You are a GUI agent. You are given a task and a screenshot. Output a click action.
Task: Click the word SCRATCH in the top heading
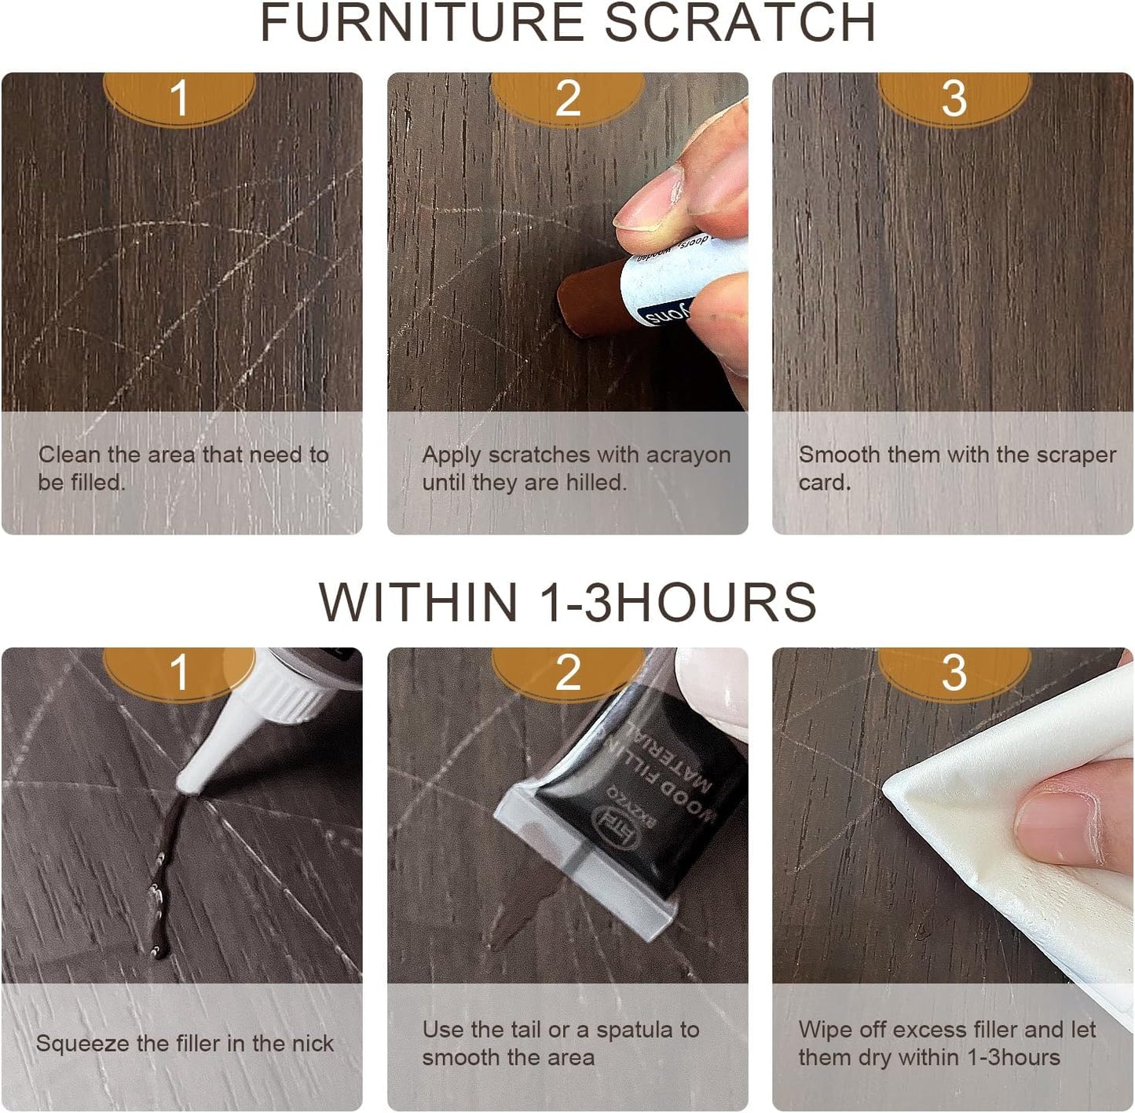[x=740, y=24]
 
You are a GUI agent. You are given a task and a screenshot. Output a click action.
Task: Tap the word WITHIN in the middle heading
[x=417, y=603]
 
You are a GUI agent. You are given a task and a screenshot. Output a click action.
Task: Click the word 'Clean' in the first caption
[x=69, y=455]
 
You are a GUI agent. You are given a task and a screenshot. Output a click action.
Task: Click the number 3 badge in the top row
[x=953, y=100]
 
